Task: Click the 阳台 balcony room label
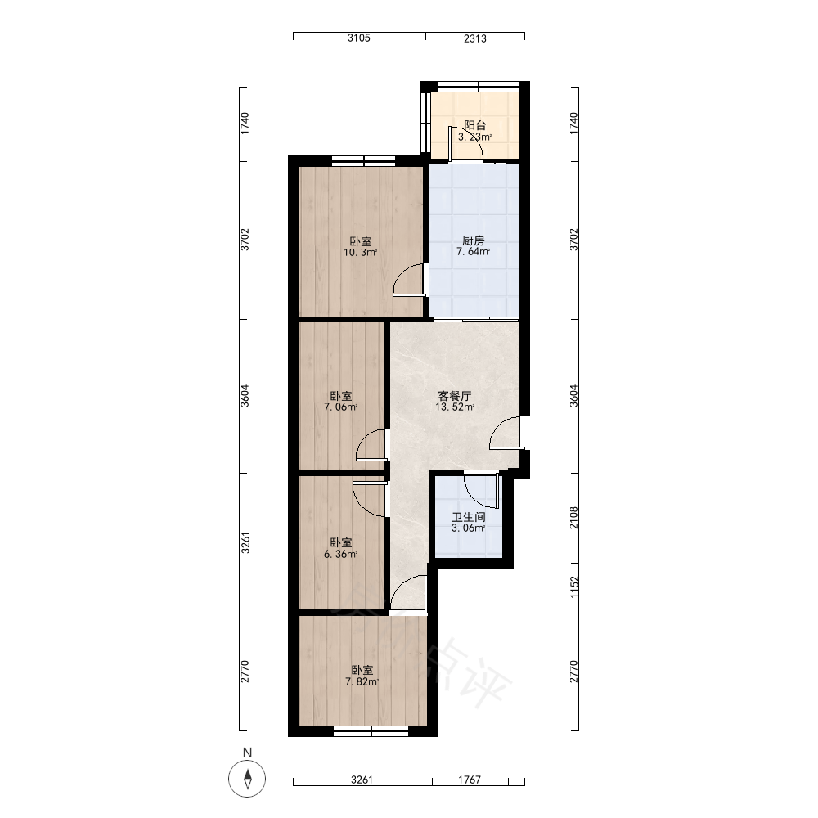tap(475, 125)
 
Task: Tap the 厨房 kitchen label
tap(473, 240)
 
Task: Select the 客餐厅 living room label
tap(455, 396)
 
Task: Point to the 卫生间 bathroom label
tap(469, 517)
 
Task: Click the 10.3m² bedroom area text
tap(361, 253)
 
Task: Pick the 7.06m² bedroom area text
tap(340, 407)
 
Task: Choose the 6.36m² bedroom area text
tap(340, 554)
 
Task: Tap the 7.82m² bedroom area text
tap(362, 682)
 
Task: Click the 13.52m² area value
tap(455, 407)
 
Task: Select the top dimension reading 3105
tap(359, 38)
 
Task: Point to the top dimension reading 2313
tap(475, 38)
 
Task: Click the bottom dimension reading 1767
tap(470, 780)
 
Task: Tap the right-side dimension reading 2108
tap(574, 518)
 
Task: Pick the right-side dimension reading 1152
tap(574, 587)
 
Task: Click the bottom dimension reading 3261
tap(362, 780)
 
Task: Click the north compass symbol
tap(247, 779)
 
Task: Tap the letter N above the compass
tap(247, 753)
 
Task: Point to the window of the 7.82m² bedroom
tap(371, 732)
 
